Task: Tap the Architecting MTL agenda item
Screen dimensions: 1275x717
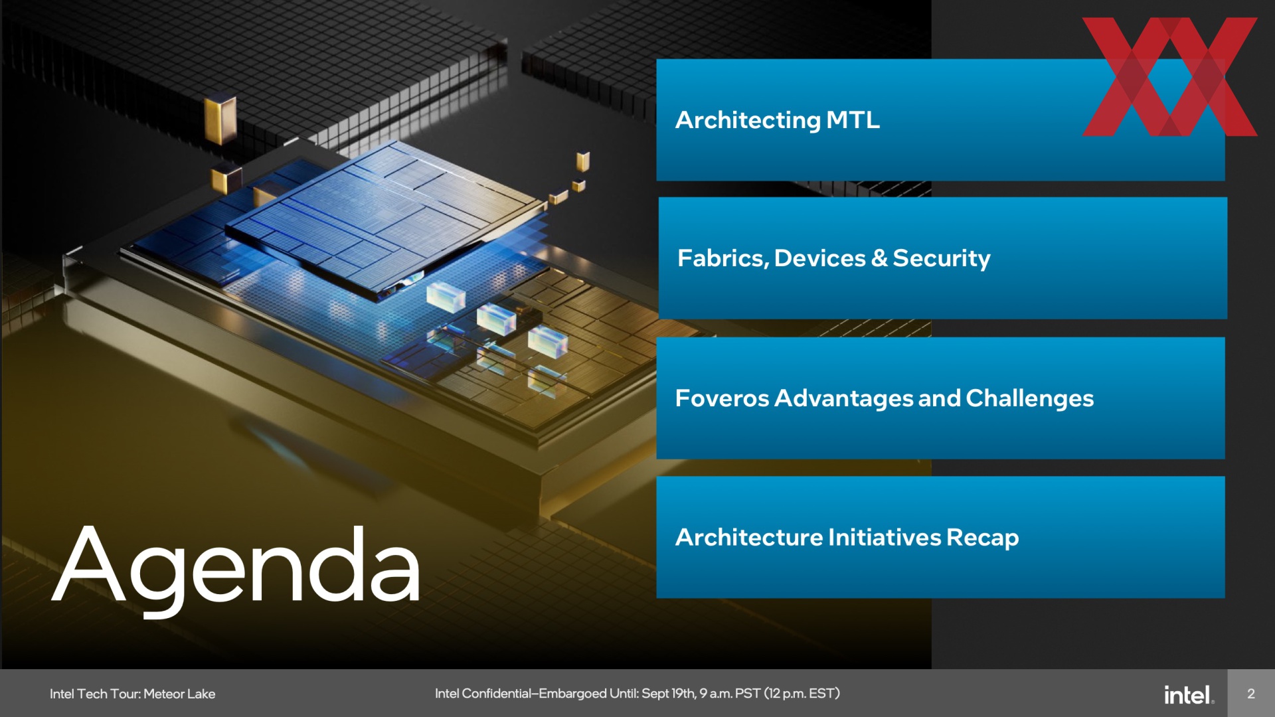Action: tap(940, 120)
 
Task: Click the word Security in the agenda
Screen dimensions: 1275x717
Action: tap(942, 259)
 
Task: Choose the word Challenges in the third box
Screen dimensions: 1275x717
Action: tap(1030, 399)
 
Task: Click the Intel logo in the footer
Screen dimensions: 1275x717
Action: tap(1189, 694)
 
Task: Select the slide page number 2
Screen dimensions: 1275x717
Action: tap(1251, 694)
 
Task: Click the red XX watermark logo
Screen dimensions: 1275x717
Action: tap(1170, 77)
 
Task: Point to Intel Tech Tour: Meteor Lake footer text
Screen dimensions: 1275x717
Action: tap(133, 694)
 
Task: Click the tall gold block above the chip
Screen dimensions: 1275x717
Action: tap(220, 120)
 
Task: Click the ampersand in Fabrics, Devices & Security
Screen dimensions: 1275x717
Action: tap(879, 258)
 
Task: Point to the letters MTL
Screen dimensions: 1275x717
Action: tap(853, 120)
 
